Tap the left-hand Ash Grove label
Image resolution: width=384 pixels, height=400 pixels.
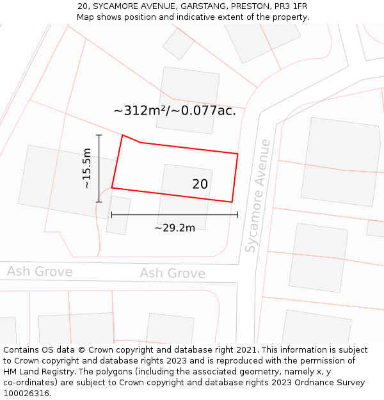point(40,271)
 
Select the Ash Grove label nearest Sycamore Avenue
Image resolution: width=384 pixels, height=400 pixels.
point(173,274)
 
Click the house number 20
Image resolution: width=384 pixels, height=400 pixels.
point(200,184)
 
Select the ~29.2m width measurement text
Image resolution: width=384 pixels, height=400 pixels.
point(175,228)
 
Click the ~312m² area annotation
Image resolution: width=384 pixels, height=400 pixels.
point(175,111)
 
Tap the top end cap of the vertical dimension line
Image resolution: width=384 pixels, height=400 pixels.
point(99,135)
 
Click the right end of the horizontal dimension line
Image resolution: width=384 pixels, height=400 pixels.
point(237,215)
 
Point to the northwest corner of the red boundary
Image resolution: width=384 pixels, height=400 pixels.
point(122,135)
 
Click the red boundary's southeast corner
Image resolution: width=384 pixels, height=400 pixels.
point(232,202)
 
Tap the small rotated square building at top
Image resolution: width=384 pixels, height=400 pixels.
point(179,44)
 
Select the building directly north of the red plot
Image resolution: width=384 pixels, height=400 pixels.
point(188,100)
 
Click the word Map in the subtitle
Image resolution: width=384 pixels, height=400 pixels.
point(86,17)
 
